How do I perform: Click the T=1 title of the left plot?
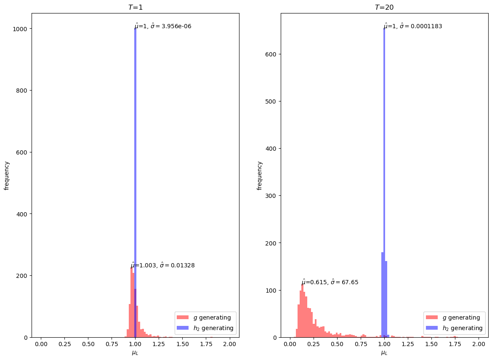coord(135,7)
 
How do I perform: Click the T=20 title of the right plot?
coord(384,7)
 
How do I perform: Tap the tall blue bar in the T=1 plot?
coord(135,168)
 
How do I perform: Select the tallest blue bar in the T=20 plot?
coord(384,168)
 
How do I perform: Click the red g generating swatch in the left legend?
coord(183,317)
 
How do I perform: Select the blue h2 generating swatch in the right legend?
coord(432,328)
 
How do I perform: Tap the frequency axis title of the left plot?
coord(7,175)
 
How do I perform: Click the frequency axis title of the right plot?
coord(260,175)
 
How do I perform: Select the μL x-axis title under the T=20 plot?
coord(384,353)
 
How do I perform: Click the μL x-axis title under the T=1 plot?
coord(135,353)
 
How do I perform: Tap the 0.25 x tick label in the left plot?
coord(64,344)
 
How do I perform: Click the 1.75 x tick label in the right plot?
coord(455,344)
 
